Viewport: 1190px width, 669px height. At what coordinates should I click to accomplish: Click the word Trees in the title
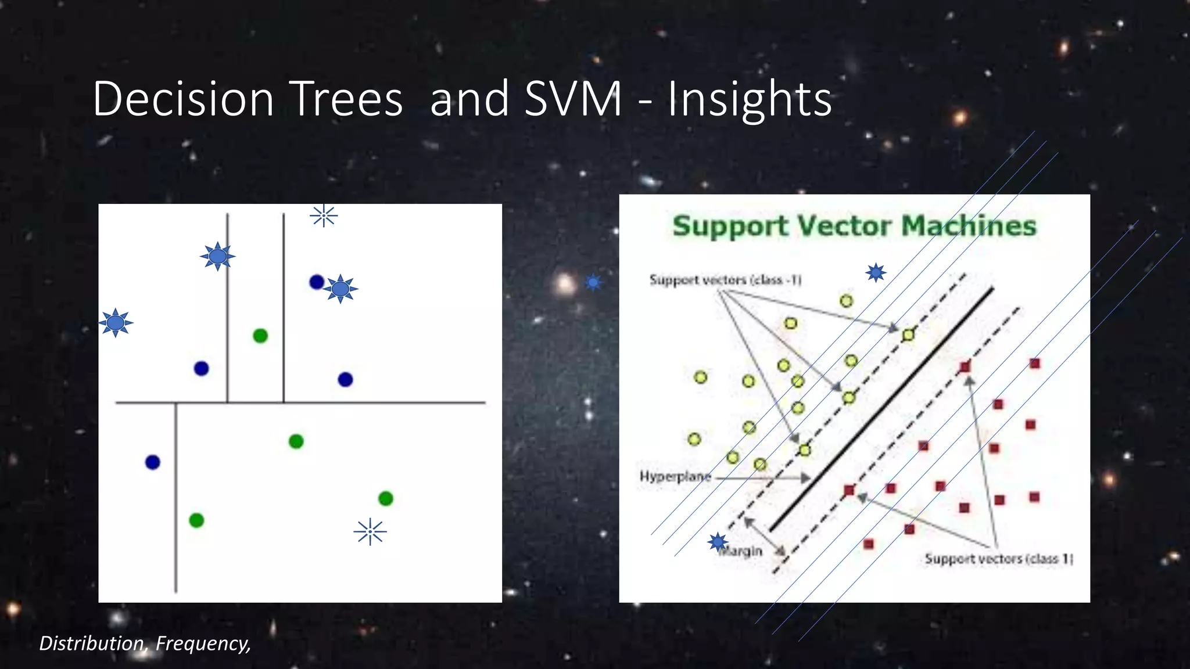point(346,99)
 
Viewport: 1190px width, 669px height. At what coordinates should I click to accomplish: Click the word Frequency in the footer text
point(202,643)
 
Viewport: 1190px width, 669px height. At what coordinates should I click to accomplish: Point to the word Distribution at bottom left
point(91,643)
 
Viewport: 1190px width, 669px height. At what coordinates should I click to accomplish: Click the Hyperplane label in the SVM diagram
point(675,477)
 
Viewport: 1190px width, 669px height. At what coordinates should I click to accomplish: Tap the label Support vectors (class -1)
point(725,280)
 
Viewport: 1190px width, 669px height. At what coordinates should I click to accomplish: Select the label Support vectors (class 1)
point(998,559)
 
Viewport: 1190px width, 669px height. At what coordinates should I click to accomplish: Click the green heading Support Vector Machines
point(854,226)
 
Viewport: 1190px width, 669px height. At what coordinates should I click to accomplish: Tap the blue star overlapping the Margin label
point(718,542)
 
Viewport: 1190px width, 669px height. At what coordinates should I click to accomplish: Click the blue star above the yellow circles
point(876,272)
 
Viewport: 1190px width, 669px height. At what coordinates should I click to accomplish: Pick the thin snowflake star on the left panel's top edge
point(324,215)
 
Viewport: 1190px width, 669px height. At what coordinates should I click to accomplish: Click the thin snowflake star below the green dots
point(370,532)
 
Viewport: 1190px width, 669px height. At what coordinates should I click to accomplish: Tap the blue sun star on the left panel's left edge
point(116,322)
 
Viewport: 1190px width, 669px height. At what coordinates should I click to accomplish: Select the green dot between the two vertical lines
point(260,336)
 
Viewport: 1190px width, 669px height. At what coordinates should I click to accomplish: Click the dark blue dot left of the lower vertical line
point(153,462)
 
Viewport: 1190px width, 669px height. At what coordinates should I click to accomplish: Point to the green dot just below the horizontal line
point(296,441)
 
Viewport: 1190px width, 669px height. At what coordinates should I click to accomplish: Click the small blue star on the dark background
point(593,283)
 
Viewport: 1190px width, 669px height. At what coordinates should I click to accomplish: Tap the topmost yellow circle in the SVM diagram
point(846,301)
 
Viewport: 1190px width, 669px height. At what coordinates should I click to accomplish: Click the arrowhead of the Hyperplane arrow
point(807,478)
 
